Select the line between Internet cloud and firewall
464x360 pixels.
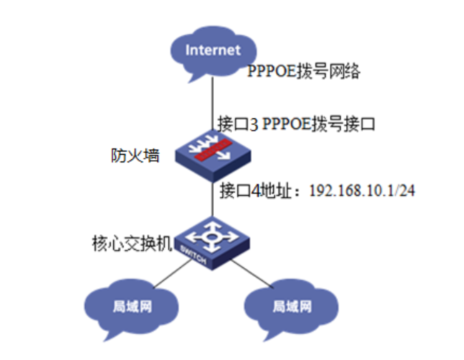[x=212, y=101]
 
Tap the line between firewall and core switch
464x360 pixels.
[x=212, y=198]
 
